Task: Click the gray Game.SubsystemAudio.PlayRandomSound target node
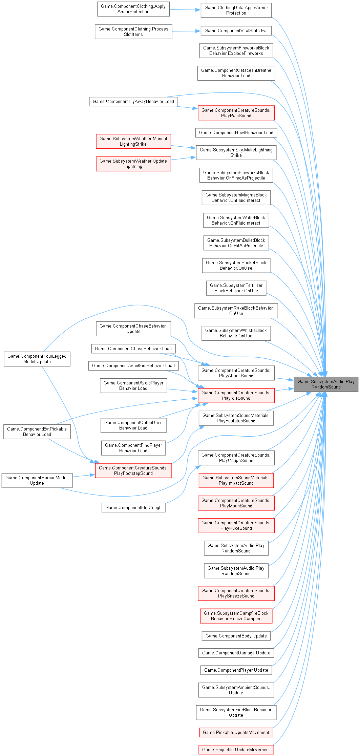coord(326,384)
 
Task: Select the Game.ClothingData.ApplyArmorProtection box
coord(236,10)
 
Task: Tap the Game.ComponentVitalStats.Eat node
coord(236,30)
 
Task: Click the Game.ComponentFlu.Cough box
coord(133,507)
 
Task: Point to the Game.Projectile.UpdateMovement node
coord(236,750)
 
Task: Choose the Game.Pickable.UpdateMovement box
coord(236,732)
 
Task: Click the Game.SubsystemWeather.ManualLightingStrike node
coord(133,141)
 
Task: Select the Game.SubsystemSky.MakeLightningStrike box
coord(236,152)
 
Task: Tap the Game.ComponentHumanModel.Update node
coord(37,480)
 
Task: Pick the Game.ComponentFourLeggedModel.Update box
coord(37,359)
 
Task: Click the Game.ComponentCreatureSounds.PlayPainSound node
coord(236,113)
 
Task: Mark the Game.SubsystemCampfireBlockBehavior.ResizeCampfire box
coord(236,616)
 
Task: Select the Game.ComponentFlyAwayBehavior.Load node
coord(133,101)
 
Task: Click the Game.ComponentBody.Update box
coord(236,636)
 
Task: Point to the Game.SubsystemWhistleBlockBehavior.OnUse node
coord(236,333)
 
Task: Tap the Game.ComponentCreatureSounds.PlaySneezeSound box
coord(236,593)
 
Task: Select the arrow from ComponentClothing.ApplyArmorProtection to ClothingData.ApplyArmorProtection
coord(185,10)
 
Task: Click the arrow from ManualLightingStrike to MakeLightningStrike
coord(183,147)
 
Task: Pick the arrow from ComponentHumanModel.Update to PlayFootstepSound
coord(84,476)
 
